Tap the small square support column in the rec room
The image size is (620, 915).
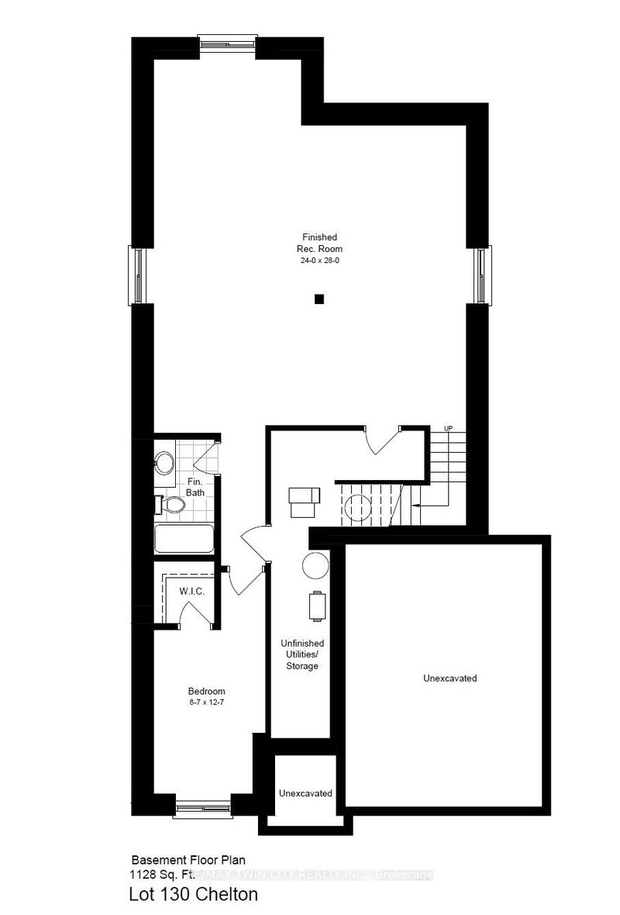pos(319,299)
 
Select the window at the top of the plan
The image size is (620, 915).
pos(227,42)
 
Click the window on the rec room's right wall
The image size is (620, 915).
pos(483,274)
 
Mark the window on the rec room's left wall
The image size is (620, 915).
pos(136,274)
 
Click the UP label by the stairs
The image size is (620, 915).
pos(448,429)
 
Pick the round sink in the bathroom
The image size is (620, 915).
pos(164,464)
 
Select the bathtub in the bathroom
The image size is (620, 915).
pos(184,539)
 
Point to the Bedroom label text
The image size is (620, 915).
pos(206,692)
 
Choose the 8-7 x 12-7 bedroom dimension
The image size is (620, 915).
pos(206,702)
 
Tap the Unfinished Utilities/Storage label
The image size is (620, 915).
pos(301,654)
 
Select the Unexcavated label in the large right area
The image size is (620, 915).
pos(449,678)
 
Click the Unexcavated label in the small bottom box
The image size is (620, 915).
pos(306,793)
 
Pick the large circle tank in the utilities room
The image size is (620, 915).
pos(316,565)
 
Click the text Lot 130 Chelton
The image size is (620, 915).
pos(193,895)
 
